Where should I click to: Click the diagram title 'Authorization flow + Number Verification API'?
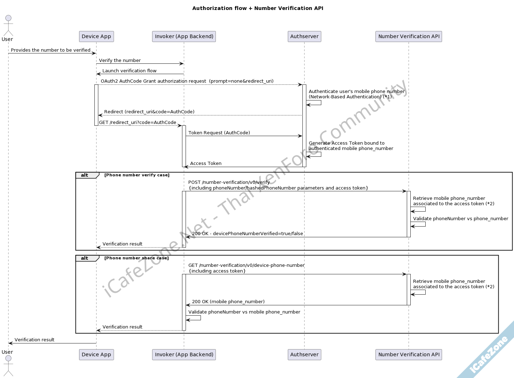[x=258, y=8]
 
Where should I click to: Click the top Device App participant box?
[x=96, y=36]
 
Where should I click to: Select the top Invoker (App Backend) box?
[x=184, y=36]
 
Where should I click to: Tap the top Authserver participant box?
[x=304, y=36]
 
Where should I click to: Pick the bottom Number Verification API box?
[x=409, y=354]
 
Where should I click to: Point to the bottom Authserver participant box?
[x=304, y=354]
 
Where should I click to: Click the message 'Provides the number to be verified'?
[x=51, y=50]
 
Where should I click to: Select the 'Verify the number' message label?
[x=120, y=61]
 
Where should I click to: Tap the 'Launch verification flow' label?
[x=129, y=71]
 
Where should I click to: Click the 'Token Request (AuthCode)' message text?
[x=219, y=133]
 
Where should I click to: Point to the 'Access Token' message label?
[x=206, y=164]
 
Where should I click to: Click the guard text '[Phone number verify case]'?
[x=137, y=175]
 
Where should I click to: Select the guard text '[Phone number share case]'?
[x=136, y=258]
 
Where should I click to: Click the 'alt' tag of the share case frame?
[x=84, y=258]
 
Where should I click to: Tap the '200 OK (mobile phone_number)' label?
[x=228, y=302]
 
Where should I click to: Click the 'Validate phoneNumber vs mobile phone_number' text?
[x=244, y=312]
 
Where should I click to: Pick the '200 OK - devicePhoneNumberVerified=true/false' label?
[x=247, y=234]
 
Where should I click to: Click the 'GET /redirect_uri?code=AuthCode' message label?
[x=137, y=123]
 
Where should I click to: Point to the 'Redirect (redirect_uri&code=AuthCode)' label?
[x=149, y=112]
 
